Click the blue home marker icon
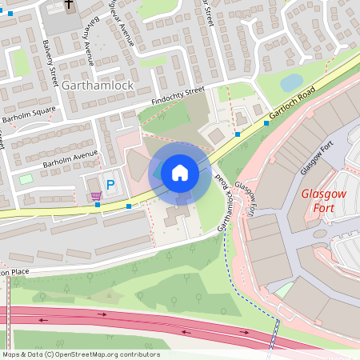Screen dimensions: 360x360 [x=180, y=173]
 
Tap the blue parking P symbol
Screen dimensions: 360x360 [x=111, y=184]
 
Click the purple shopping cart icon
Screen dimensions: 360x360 [x=96, y=195]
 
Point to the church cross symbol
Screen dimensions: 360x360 [x=69, y=6]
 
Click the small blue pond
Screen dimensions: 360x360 [x=291, y=82]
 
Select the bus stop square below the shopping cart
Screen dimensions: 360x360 [x=98, y=205]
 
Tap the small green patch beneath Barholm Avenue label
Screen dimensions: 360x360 [x=26, y=179]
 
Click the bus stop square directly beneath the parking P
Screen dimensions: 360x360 [x=129, y=206]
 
